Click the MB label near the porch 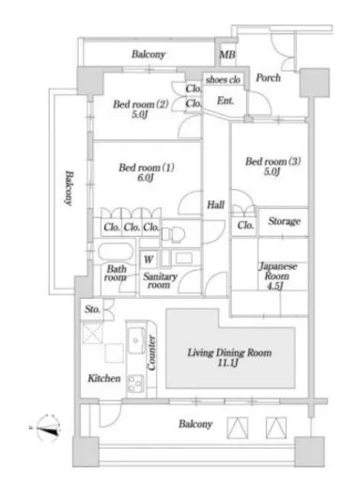227,55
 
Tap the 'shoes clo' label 223,80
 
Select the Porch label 268,77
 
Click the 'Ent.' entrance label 226,101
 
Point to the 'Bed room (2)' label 141,103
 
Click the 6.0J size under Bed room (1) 145,178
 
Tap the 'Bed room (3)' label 273,161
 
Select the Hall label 215,205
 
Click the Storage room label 284,221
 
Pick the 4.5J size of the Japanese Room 274,286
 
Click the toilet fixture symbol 173,234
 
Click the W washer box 149,260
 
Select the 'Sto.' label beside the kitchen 92,309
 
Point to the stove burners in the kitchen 136,384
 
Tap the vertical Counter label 151,353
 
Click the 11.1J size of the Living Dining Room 227,363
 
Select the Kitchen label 104,378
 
